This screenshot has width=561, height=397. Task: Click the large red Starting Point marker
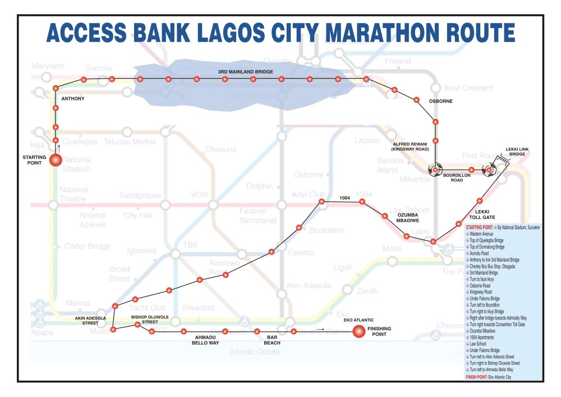pos(56,160)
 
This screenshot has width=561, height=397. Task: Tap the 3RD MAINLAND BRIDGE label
pos(246,72)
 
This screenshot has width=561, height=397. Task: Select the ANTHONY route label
pos(73,99)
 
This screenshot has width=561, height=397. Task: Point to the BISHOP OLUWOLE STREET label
pos(145,319)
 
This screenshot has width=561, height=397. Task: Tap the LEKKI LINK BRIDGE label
pos(517,151)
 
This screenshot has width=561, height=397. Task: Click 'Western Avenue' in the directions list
pos(482,234)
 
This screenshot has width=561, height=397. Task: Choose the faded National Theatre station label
pos(73,194)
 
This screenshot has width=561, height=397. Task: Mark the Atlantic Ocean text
pos(254,352)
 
